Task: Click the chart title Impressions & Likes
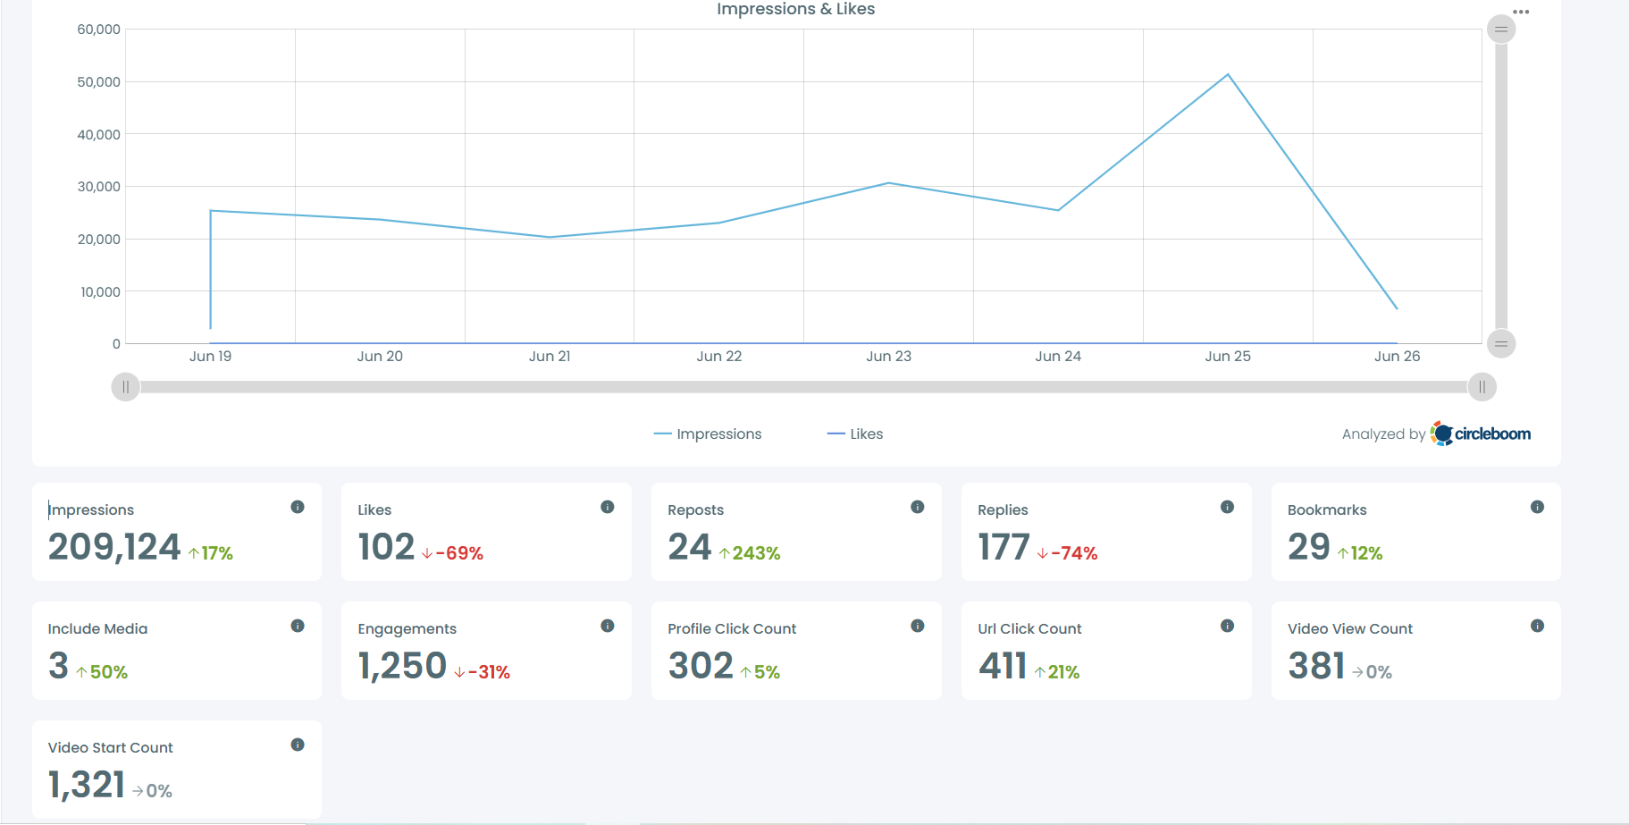click(795, 9)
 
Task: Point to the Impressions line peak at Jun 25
click(1228, 75)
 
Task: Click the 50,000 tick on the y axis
click(98, 82)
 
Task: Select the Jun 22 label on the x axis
click(719, 356)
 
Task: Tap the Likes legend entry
click(856, 434)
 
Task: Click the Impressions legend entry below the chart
click(709, 434)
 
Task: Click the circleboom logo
click(1481, 434)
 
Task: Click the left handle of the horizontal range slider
click(126, 387)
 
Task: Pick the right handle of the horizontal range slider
click(1482, 387)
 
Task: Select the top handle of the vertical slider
click(1501, 29)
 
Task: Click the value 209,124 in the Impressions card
click(114, 547)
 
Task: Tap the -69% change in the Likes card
click(453, 553)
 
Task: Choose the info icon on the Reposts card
click(917, 507)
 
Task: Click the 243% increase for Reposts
click(750, 553)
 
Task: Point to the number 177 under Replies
click(1003, 547)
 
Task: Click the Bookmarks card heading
click(1327, 509)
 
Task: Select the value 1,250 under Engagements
click(402, 666)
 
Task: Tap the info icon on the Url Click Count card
click(1227, 626)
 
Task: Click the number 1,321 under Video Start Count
click(87, 785)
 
